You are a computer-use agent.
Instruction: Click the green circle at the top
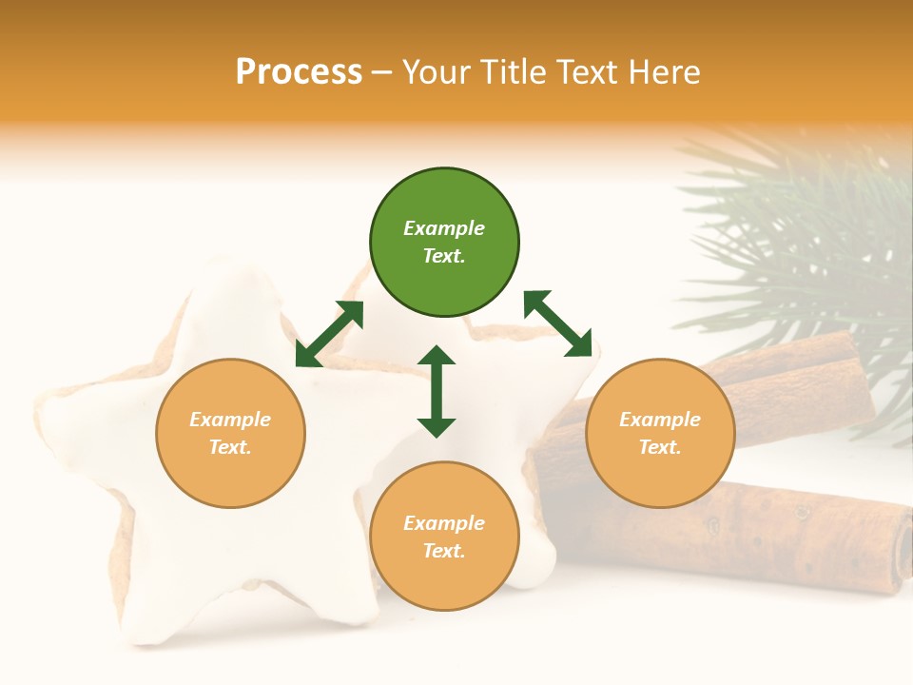444,243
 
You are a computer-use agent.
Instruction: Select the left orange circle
230,433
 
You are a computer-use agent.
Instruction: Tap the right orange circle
660,433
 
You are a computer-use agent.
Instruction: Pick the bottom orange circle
444,537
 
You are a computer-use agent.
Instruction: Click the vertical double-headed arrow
437,391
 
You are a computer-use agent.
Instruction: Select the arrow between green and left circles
329,334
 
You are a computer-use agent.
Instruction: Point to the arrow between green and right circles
557,323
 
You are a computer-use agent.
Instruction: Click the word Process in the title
299,71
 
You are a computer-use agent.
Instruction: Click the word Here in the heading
665,71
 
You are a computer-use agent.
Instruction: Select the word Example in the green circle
444,228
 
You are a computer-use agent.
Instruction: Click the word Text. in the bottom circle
444,551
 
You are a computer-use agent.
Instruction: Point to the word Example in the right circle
660,420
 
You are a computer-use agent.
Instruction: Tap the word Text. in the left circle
230,447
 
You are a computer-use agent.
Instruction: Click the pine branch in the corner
808,238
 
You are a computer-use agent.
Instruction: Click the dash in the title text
382,72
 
